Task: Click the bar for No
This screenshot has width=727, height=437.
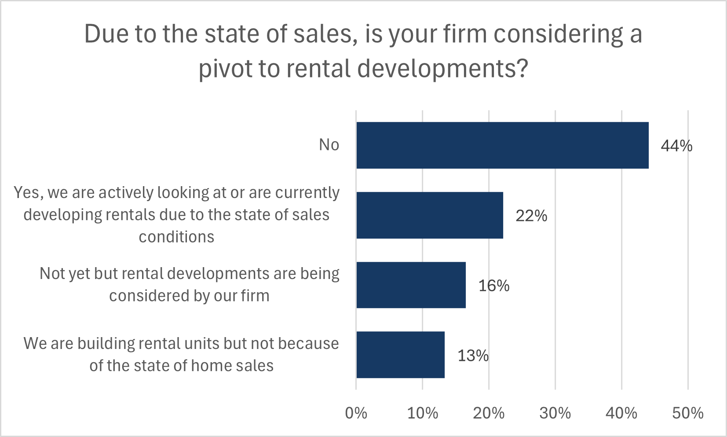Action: point(502,145)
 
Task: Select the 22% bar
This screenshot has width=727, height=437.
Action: point(430,215)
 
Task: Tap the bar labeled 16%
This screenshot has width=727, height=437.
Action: point(411,285)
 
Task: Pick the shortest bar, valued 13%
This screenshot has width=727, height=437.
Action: point(400,355)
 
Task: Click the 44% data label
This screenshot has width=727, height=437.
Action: point(676,146)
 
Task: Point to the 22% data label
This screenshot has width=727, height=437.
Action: point(531,216)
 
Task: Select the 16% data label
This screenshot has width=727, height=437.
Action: point(494,286)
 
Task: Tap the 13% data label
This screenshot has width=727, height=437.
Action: point(473,356)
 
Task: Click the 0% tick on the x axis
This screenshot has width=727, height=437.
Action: point(356,413)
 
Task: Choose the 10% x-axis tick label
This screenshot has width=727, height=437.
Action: point(422,413)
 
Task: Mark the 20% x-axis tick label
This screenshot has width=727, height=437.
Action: point(489,413)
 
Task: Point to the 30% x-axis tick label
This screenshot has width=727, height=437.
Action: point(555,413)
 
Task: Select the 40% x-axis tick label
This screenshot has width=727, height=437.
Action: point(621,413)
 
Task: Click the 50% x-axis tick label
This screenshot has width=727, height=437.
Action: point(687,413)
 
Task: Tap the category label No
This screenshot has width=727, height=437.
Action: point(329,145)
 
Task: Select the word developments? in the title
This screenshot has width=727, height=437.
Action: point(442,69)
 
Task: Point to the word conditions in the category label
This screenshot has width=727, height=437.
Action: point(176,237)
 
